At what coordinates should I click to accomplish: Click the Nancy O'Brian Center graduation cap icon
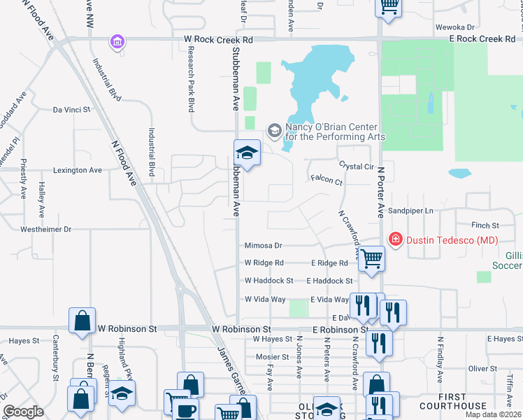[x=274, y=130]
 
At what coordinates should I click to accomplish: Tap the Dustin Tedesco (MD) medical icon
[x=395, y=239]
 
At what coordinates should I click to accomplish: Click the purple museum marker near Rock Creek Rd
[x=117, y=43]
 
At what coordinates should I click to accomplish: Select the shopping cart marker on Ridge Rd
[x=372, y=258]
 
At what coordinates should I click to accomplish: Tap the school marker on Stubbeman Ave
[x=247, y=152]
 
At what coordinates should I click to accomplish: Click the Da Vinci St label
[x=72, y=110]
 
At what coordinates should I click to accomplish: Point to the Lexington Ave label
[x=77, y=170]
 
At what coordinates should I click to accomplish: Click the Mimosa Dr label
[x=263, y=246]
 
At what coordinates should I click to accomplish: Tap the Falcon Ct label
[x=327, y=182]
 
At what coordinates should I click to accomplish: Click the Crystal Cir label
[x=357, y=166]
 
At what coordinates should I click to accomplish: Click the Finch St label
[x=485, y=225]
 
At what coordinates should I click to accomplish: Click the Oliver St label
[x=482, y=368]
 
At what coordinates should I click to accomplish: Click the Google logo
[x=23, y=412]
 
